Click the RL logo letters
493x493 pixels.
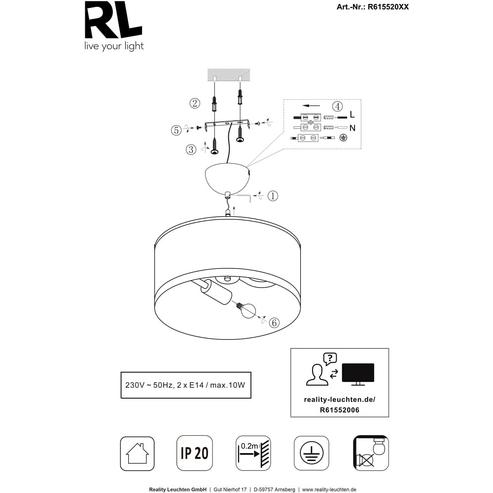(x=113, y=20)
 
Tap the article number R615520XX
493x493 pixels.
(x=388, y=7)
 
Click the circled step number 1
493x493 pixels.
(x=273, y=196)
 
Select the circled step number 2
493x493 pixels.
(x=195, y=103)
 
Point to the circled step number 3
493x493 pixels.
(x=191, y=149)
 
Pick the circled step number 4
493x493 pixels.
(x=337, y=106)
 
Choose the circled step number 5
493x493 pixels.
(x=176, y=130)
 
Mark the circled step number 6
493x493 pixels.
(x=274, y=322)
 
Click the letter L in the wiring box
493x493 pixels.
(x=352, y=114)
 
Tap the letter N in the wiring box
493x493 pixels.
(x=352, y=128)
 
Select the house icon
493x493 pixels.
(x=138, y=454)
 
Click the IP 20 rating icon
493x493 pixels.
(x=195, y=453)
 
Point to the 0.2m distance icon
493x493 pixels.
(x=253, y=453)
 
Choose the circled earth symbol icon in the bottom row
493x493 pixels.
(x=311, y=453)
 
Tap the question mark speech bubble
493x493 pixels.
(x=330, y=359)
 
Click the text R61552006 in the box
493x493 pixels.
(x=340, y=410)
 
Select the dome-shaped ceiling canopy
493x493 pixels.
(x=227, y=178)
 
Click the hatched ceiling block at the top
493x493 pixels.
(x=229, y=74)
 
